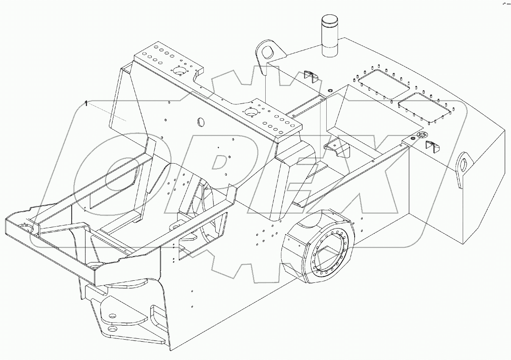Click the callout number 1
86,103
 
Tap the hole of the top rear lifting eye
268,52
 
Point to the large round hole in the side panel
199,122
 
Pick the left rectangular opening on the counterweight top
382,84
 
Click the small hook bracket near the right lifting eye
432,146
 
